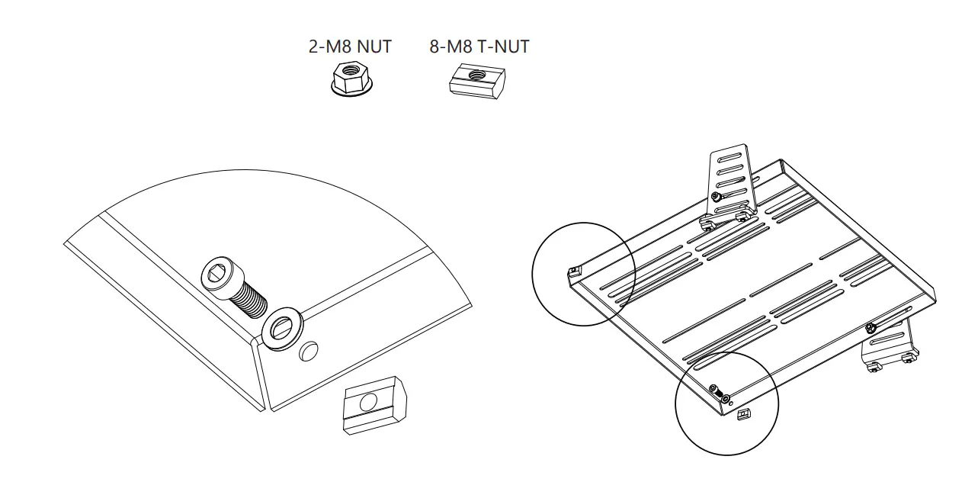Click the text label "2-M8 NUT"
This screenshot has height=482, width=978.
350,47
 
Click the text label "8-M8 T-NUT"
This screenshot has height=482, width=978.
479,47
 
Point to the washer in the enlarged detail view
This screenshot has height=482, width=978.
281,327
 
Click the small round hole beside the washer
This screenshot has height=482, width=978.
308,352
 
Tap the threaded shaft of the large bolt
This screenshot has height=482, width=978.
249,300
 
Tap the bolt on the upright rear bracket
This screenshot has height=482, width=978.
716,197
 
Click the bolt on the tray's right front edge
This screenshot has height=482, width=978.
869,329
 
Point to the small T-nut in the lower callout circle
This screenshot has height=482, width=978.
745,414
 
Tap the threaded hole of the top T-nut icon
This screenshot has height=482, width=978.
477,75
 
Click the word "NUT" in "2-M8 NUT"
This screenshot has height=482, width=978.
374,47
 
